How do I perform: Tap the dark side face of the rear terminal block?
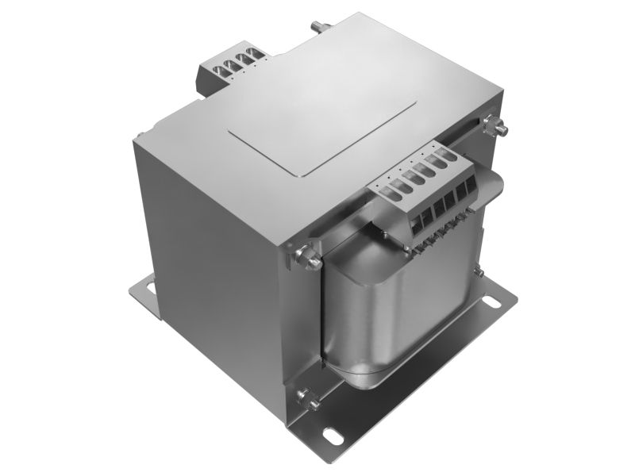click(x=202, y=79)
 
